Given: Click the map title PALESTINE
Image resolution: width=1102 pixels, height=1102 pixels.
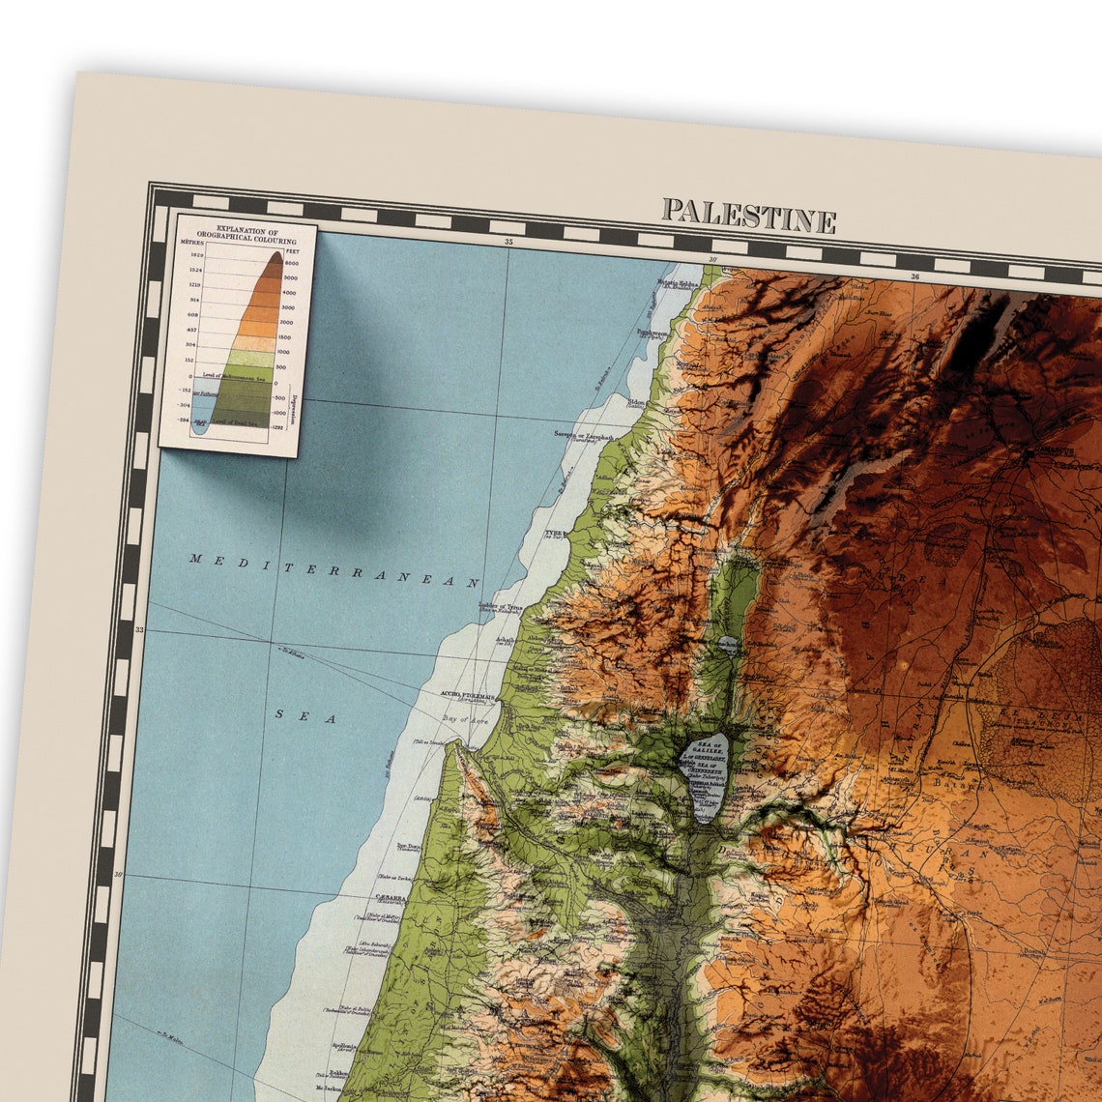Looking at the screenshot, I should click(748, 216).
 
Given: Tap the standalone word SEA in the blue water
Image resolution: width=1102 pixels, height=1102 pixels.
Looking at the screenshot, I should click(305, 716).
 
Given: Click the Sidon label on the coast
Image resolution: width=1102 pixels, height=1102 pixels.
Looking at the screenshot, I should click(637, 402).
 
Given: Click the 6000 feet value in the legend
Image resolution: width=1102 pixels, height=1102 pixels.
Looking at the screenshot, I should click(290, 263).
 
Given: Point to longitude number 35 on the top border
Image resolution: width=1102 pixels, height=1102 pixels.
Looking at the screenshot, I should click(508, 242).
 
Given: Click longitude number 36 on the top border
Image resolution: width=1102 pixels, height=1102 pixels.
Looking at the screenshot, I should click(913, 276).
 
